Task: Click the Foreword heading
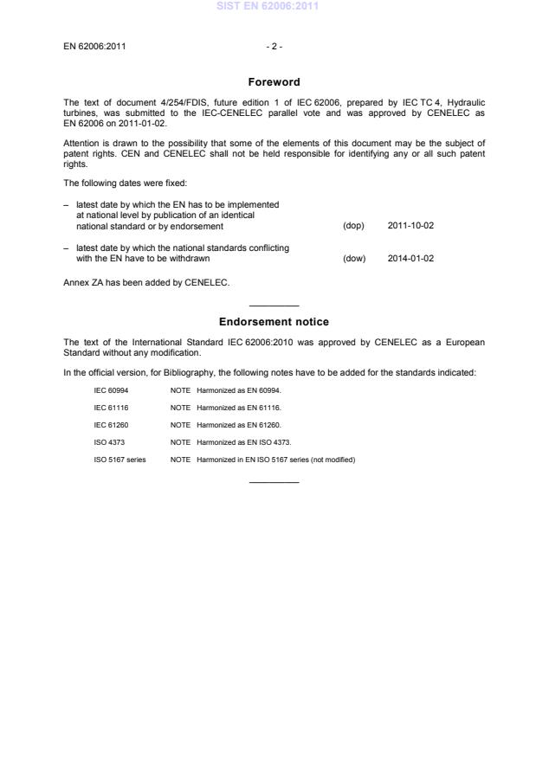pyautogui.click(x=274, y=82)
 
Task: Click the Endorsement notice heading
pyautogui.click(x=274, y=322)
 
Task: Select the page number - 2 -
pyautogui.click(x=274, y=46)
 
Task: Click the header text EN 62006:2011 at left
pyautogui.click(x=94, y=46)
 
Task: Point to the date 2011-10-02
pyautogui.click(x=410, y=226)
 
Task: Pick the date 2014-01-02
pyautogui.click(x=410, y=258)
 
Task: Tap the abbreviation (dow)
pyautogui.click(x=354, y=258)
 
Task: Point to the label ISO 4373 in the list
pyautogui.click(x=109, y=441)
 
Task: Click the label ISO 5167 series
pyautogui.click(x=120, y=459)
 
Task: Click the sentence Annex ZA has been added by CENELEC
pyautogui.click(x=146, y=282)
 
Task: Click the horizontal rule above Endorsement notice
pyautogui.click(x=274, y=306)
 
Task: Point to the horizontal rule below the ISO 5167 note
pyautogui.click(x=274, y=481)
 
